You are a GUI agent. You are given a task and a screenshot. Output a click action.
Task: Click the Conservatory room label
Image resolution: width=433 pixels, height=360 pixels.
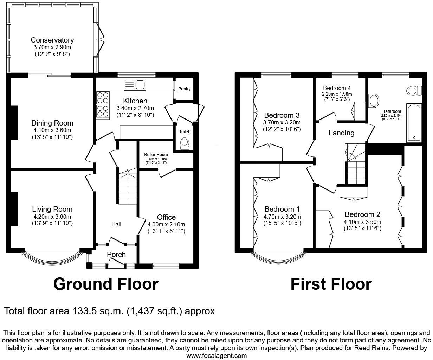coord(52,40)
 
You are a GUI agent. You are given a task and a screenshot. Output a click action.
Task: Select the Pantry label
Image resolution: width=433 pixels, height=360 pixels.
coord(185,89)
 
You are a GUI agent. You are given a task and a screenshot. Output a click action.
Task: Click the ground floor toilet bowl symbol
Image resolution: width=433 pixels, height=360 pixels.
coord(185,144)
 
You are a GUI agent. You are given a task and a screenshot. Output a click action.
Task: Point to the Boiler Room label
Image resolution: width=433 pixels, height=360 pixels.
coord(156,155)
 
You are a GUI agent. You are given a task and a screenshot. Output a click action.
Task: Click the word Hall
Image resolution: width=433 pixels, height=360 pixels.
coord(116,224)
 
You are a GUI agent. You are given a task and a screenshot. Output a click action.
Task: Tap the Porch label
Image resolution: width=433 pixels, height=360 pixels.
coord(116,255)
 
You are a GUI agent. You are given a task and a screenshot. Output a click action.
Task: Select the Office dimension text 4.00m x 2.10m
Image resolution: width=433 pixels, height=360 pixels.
coord(166,225)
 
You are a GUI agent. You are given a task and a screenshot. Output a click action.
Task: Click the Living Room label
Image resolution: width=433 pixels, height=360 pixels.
coord(52,209)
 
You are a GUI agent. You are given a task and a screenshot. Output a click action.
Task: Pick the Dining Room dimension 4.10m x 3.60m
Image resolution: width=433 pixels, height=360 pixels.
coord(52,130)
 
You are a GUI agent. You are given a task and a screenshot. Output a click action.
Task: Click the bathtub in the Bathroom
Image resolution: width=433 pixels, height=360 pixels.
coord(414,123)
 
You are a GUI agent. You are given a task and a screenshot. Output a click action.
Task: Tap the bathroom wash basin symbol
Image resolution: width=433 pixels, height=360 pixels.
coord(374,101)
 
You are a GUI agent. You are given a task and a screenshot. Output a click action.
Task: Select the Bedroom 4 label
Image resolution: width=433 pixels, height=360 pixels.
coord(337,88)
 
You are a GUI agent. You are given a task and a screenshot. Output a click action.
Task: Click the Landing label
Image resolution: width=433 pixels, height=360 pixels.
coord(342,133)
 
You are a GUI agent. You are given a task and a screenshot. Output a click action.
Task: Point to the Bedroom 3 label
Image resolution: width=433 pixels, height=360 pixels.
coord(282,115)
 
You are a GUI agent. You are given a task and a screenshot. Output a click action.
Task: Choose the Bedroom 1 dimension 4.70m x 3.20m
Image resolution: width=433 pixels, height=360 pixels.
coord(282,217)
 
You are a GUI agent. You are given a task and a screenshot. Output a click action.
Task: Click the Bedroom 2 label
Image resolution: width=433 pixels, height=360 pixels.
coord(362,214)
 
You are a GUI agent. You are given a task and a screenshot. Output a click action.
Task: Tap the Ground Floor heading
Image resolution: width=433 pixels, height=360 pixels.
coord(106,284)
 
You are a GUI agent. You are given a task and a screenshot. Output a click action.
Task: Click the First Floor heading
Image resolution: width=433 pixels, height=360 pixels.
coord(331,284)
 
